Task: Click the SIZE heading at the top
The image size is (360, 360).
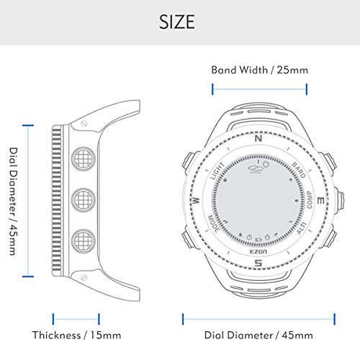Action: (177, 22)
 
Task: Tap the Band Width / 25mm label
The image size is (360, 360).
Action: (260, 70)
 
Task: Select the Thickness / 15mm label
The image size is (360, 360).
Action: (76, 335)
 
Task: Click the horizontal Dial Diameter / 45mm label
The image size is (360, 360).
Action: (258, 335)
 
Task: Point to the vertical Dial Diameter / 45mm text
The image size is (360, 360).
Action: (13, 201)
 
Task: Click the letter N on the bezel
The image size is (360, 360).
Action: (258, 138)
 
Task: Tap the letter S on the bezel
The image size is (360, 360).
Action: (258, 263)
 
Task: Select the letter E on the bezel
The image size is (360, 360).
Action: (321, 201)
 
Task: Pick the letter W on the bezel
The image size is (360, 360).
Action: (196, 200)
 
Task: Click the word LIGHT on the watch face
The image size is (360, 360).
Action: (217, 171)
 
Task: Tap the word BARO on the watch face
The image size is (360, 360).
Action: (299, 170)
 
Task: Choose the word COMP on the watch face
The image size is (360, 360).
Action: (310, 200)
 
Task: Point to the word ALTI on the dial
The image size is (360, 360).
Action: (302, 228)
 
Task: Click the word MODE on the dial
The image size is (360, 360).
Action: (213, 224)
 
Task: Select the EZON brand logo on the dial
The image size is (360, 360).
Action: (258, 251)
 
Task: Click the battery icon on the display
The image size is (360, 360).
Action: (258, 239)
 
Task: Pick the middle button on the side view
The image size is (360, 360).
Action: (84, 200)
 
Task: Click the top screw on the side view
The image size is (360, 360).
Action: (84, 124)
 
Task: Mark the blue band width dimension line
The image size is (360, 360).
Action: (259, 89)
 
